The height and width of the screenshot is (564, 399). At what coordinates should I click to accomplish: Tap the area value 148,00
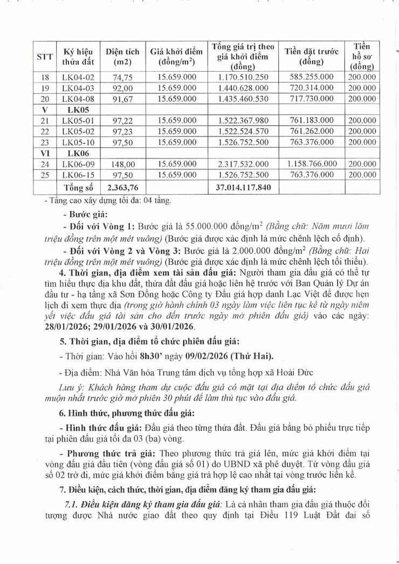pyautogui.click(x=122, y=164)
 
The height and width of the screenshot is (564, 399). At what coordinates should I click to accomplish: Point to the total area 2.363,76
pyautogui.click(x=122, y=187)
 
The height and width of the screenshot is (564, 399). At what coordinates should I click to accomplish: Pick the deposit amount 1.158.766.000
pyautogui.click(x=312, y=164)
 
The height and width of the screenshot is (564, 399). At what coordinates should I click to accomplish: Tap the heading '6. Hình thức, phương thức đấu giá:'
pyautogui.click(x=117, y=412)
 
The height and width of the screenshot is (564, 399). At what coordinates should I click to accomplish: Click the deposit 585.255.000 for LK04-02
pyautogui.click(x=312, y=78)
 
